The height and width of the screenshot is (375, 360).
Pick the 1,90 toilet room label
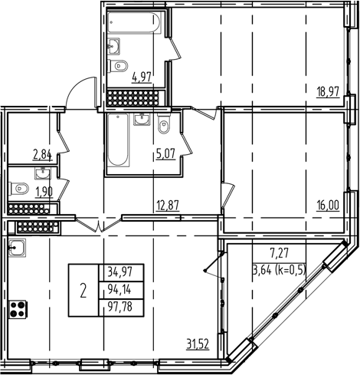[x=43, y=191]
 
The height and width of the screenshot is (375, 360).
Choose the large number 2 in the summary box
[x=83, y=291]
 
